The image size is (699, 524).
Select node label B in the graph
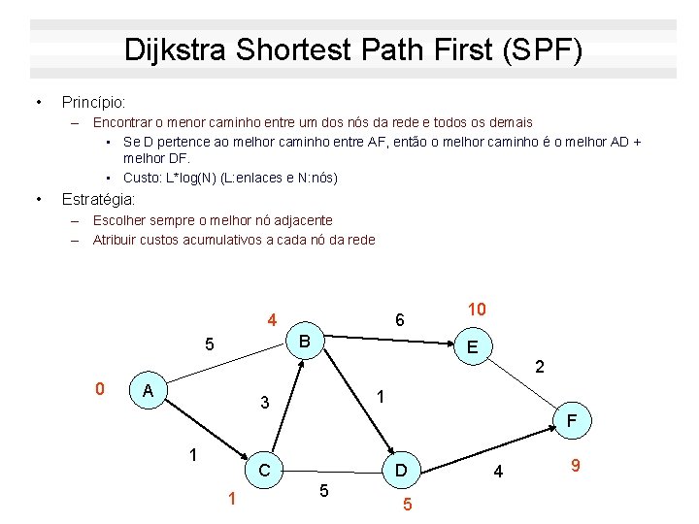click(x=304, y=342)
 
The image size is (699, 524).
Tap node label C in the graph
click(x=263, y=471)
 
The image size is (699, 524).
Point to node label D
click(x=400, y=472)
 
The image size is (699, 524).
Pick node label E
click(x=472, y=347)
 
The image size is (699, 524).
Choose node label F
click(x=573, y=421)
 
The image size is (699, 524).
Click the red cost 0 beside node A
click(x=99, y=389)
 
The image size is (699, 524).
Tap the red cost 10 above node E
click(x=477, y=310)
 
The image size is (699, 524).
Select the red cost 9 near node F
click(x=576, y=467)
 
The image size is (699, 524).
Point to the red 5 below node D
click(x=408, y=506)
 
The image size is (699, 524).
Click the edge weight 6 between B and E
click(x=399, y=319)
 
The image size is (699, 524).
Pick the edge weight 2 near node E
click(x=540, y=368)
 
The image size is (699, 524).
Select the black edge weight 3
click(x=263, y=403)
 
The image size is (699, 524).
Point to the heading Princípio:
click(x=93, y=102)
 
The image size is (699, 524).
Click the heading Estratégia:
click(x=98, y=200)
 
